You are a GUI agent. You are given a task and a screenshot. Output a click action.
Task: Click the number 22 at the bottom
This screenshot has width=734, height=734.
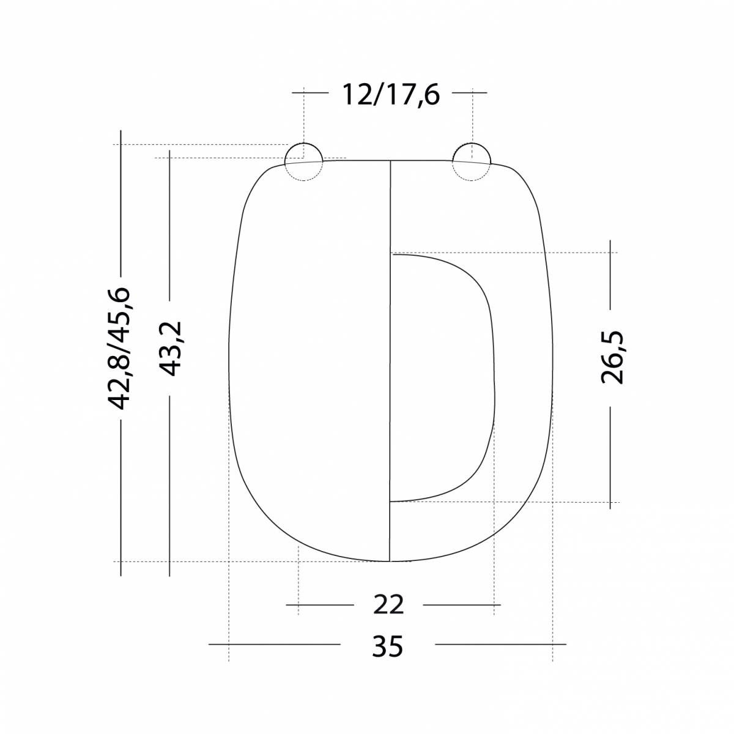[388, 604]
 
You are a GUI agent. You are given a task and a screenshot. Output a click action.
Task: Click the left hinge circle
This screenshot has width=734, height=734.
[303, 161]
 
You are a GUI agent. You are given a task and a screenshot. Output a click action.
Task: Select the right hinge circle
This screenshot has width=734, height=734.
[471, 161]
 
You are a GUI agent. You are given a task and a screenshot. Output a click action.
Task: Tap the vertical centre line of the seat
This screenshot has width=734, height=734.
[390, 367]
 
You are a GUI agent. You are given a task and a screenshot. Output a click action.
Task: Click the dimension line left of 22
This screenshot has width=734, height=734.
[321, 604]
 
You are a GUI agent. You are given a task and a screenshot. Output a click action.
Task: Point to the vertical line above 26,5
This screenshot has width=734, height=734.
[610, 275]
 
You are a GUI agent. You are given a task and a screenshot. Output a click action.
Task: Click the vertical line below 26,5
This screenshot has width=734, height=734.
[610, 456]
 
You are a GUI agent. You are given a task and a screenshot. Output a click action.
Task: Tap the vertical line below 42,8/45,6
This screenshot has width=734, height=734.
[121, 502]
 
